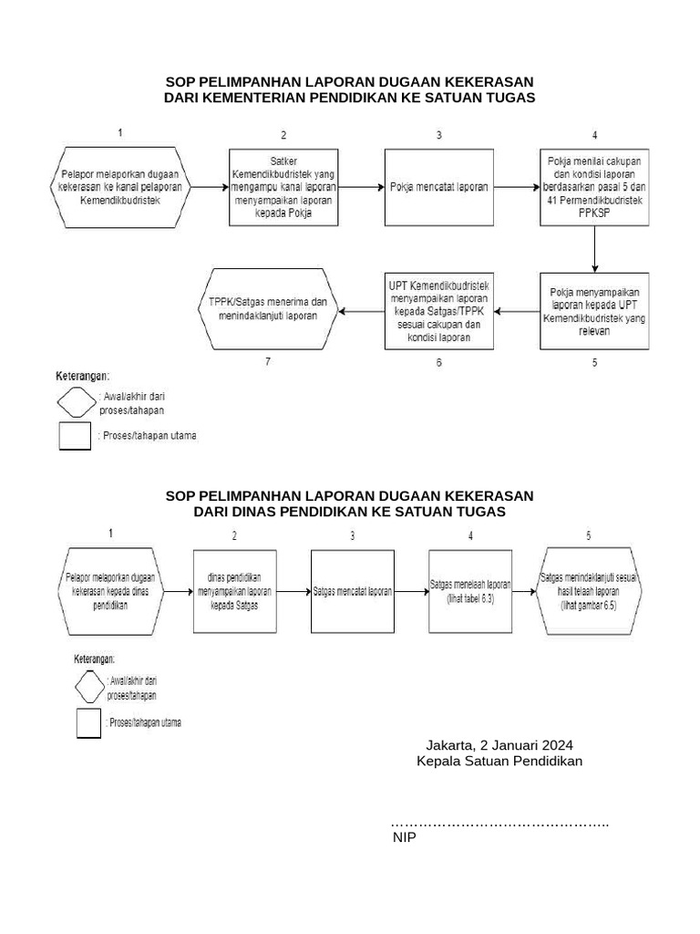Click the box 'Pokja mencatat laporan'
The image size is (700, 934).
tap(438, 187)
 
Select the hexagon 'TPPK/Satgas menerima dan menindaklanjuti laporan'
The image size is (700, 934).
tap(267, 310)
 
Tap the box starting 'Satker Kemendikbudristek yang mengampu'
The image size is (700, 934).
tap(283, 187)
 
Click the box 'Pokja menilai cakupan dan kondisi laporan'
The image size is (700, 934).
tap(594, 187)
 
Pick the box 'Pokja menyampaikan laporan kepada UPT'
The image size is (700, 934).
tap(594, 311)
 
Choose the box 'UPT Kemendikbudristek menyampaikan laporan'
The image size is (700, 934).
tap(438, 311)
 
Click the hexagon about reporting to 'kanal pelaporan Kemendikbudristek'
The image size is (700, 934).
tap(119, 187)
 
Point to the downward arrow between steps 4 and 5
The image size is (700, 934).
tap(594, 248)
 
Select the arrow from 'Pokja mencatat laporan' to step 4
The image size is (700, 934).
tap(516, 187)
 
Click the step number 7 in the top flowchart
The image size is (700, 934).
tap(268, 362)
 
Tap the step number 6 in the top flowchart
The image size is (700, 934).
tap(438, 363)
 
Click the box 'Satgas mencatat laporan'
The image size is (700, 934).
tap(353, 591)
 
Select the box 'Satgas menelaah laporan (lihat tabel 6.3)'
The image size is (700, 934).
tap(470, 591)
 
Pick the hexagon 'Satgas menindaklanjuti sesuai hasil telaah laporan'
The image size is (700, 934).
tap(589, 591)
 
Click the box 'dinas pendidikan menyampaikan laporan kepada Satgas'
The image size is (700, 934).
tap(234, 591)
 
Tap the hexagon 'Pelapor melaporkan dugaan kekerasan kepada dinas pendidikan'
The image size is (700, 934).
tap(110, 591)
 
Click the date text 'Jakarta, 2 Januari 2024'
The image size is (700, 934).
tap(499, 744)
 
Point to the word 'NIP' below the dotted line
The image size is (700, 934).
tap(404, 836)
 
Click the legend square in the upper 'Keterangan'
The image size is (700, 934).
tap(75, 436)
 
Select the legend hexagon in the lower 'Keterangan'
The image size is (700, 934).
tap(88, 686)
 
